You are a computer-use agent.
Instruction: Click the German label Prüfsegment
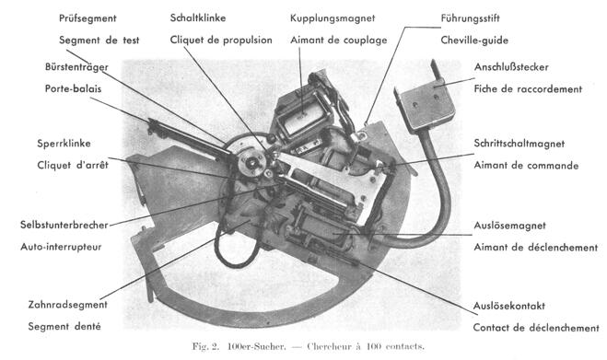pyautogui.click(x=88, y=18)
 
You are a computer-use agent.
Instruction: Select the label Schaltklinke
pyautogui.click(x=198, y=17)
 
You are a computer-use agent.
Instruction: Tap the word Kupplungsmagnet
pyautogui.click(x=333, y=18)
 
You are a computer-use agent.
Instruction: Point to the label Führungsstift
pyautogui.click(x=470, y=18)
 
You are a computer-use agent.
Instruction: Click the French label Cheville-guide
pyautogui.click(x=474, y=41)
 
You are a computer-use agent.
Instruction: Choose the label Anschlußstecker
pyautogui.click(x=511, y=67)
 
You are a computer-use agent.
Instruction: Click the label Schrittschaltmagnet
pyautogui.click(x=519, y=144)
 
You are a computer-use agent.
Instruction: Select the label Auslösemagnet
pyautogui.click(x=510, y=226)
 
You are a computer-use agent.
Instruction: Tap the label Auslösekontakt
pyautogui.click(x=509, y=306)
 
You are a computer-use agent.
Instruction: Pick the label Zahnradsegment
pyautogui.click(x=68, y=305)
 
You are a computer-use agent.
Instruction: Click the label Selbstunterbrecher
pyautogui.click(x=64, y=225)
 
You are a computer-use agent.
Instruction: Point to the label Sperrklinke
pyautogui.click(x=64, y=144)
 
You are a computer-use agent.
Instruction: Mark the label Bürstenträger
pyautogui.click(x=76, y=67)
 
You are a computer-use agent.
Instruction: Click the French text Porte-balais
pyautogui.click(x=73, y=88)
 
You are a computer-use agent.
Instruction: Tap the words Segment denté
pyautogui.click(x=64, y=326)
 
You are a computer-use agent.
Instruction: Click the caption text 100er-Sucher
pyautogui.click(x=256, y=346)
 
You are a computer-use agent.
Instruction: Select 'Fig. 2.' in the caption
pyautogui.click(x=205, y=346)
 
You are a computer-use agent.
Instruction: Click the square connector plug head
pyautogui.click(x=425, y=105)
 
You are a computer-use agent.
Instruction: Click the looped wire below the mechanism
pyautogui.click(x=234, y=248)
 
